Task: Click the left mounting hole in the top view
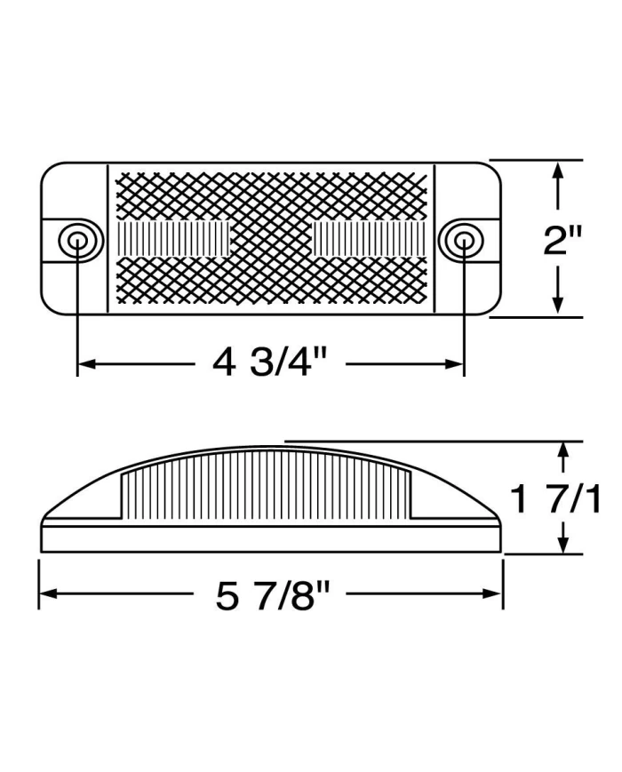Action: coord(76,240)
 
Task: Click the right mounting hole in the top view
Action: coord(463,240)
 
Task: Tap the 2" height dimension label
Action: coord(562,240)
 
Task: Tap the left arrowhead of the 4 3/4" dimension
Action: coord(86,363)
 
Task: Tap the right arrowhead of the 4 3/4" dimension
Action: coord(454,363)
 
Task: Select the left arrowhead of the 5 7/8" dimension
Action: coord(47,594)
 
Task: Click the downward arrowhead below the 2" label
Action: coord(558,305)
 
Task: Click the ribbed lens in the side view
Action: coord(267,484)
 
